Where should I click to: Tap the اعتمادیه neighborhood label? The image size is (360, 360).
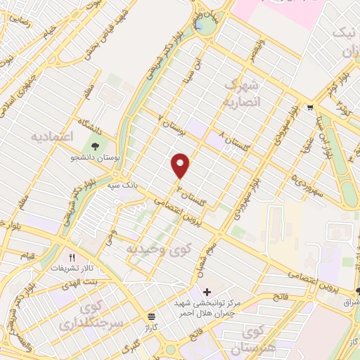52,136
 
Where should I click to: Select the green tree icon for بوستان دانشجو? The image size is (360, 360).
94,147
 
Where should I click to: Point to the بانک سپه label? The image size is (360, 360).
120,186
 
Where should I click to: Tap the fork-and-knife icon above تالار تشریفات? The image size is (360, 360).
71,257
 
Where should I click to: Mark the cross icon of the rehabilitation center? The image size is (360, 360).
207,291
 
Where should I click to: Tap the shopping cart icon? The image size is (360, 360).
310,108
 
